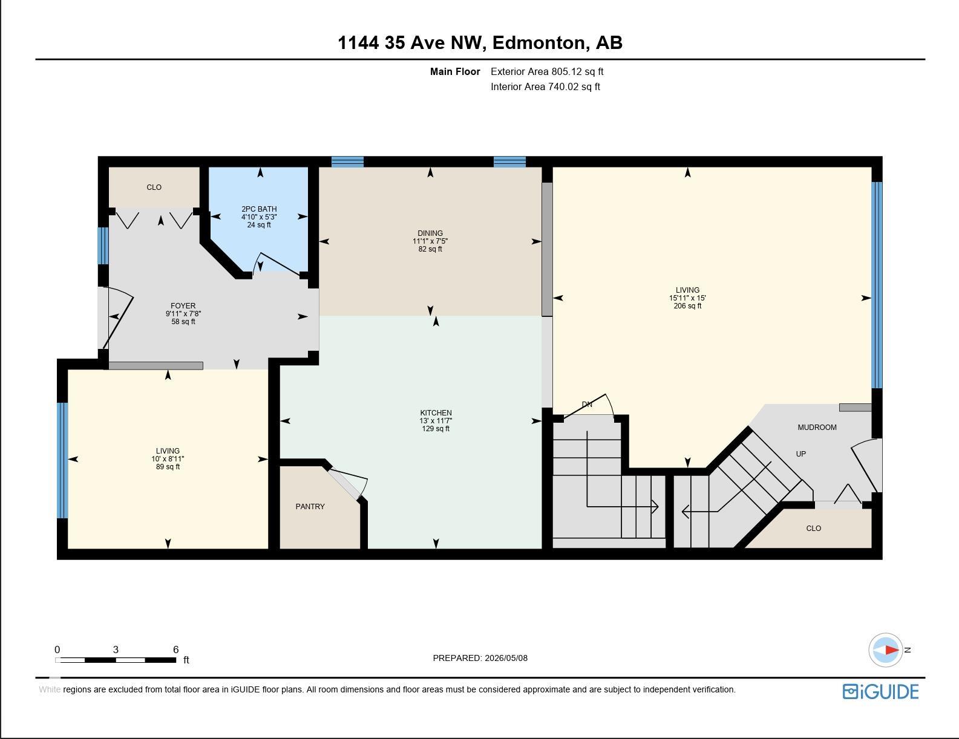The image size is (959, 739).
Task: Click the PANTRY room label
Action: [x=310, y=507]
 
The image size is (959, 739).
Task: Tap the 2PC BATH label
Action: [x=259, y=209]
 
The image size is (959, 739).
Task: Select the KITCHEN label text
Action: [x=436, y=412]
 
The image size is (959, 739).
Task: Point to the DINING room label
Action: [x=430, y=233]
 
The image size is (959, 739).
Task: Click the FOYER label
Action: [x=183, y=306]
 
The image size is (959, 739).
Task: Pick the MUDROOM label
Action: [x=817, y=428]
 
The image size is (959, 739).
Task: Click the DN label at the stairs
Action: [x=587, y=405]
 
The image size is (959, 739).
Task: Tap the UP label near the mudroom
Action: [x=800, y=454]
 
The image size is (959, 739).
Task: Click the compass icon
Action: [x=885, y=650]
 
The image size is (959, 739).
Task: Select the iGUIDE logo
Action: [x=880, y=691]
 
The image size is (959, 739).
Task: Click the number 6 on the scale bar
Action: [x=175, y=649]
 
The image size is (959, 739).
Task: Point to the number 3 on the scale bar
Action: [x=116, y=649]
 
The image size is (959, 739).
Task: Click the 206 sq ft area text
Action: [x=687, y=306]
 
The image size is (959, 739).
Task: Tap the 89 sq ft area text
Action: [x=168, y=467]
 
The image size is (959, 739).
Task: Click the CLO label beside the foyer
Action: [x=154, y=187]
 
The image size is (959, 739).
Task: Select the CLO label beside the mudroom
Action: [x=813, y=528]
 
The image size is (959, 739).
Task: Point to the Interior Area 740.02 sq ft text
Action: [x=546, y=87]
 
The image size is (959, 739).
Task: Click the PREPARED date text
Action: [x=480, y=658]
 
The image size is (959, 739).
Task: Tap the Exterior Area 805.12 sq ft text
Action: [x=547, y=72]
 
